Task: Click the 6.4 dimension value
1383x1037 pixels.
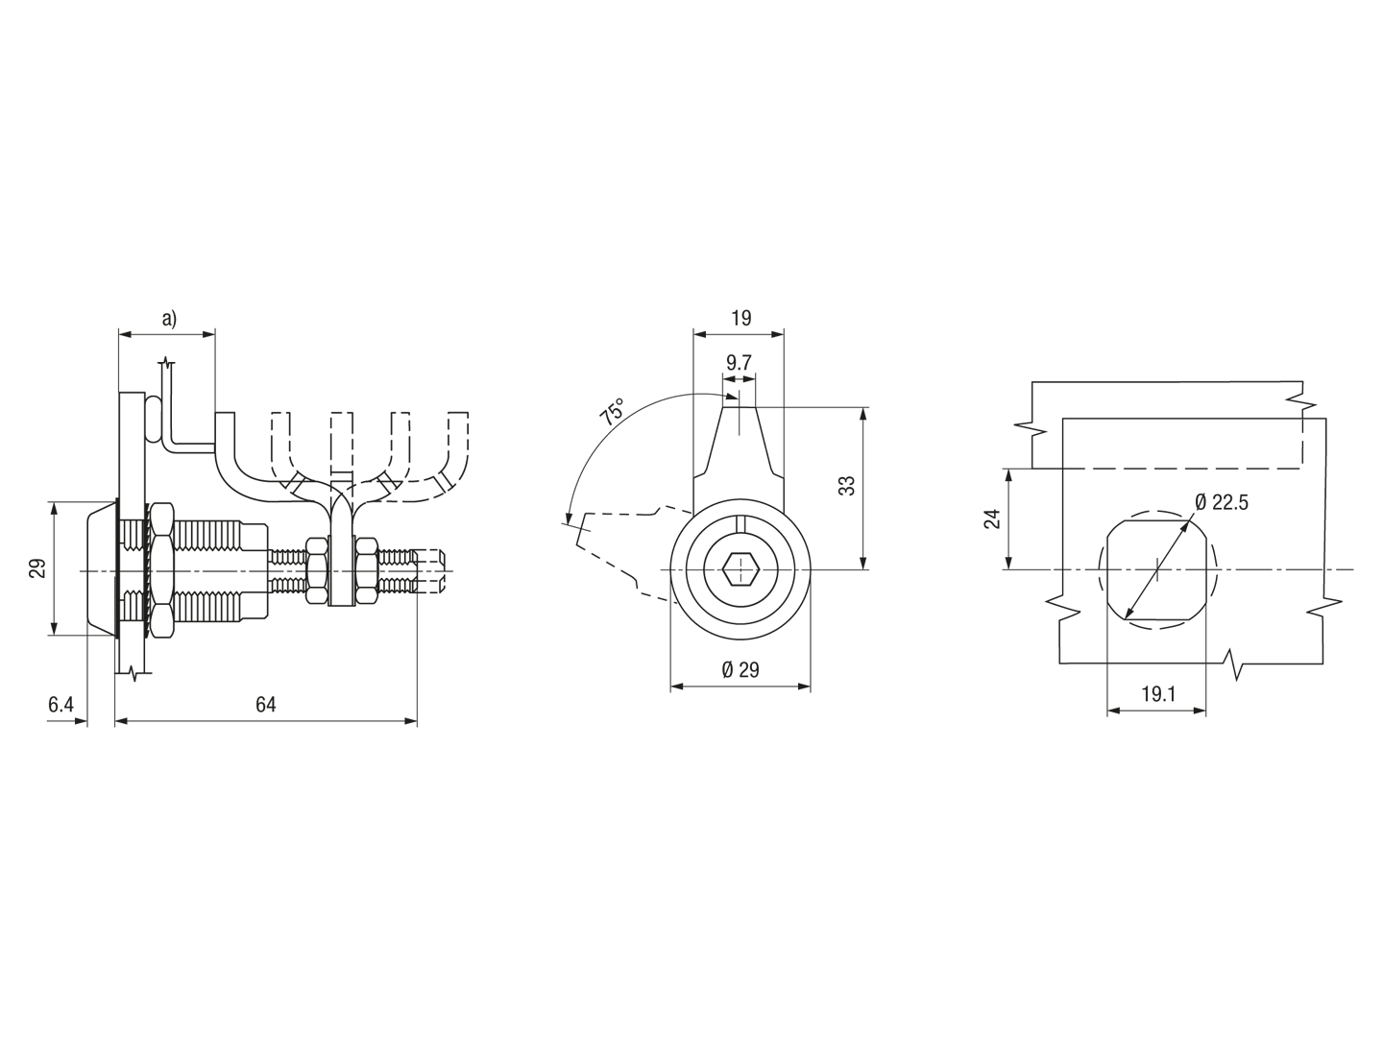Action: click(x=61, y=705)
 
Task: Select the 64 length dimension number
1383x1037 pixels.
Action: click(x=265, y=705)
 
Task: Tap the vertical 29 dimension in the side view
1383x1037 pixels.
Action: click(x=37, y=567)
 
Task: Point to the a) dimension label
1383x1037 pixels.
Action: click(x=169, y=319)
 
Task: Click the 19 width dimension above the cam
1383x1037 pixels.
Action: click(x=740, y=318)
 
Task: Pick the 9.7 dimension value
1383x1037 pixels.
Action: click(x=739, y=363)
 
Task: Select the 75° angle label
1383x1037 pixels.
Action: click(x=611, y=413)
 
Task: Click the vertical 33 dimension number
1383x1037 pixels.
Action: click(x=848, y=486)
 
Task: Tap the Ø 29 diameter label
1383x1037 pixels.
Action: click(x=740, y=669)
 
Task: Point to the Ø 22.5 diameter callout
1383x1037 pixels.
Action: click(x=1221, y=502)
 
